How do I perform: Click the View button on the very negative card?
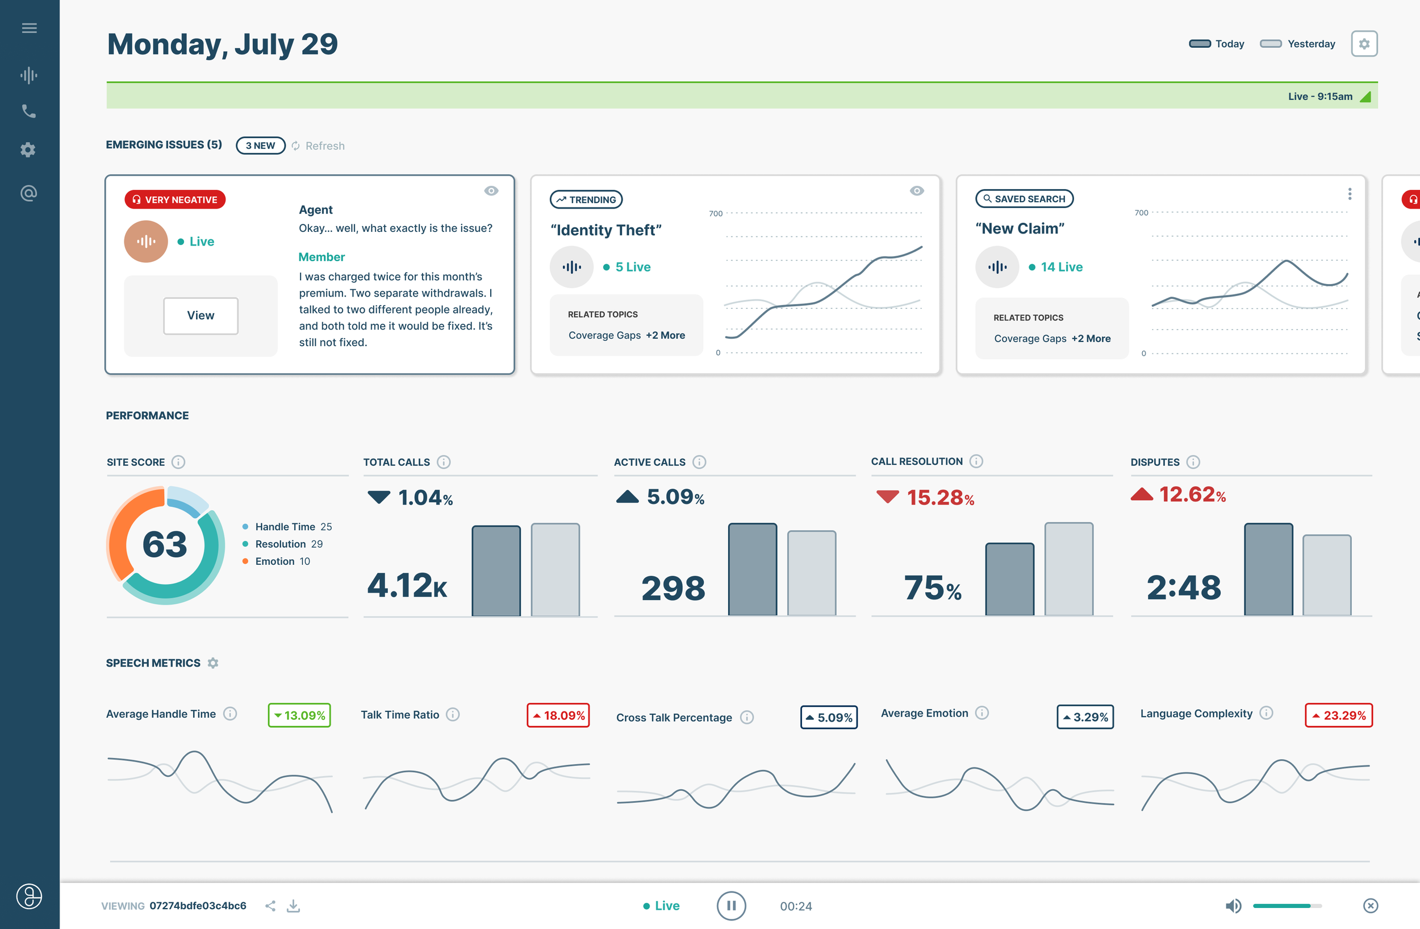201,316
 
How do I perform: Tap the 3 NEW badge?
260,145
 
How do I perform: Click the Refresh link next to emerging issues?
324,146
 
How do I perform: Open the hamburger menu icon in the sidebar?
29,28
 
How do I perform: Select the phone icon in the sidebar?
28,111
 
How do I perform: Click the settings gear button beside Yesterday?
1363,44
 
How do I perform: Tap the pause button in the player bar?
731,905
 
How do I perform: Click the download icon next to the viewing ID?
293,906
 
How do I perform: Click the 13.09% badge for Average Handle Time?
299,715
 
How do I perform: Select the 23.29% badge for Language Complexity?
1338,715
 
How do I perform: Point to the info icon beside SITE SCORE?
178,462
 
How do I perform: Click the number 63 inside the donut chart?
165,544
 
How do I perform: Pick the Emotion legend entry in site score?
275,561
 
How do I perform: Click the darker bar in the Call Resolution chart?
1009,579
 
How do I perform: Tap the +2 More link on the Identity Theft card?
665,335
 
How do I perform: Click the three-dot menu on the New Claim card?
1349,194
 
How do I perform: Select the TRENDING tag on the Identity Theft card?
586,199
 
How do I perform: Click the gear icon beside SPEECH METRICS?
213,663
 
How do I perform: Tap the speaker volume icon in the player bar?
1233,906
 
